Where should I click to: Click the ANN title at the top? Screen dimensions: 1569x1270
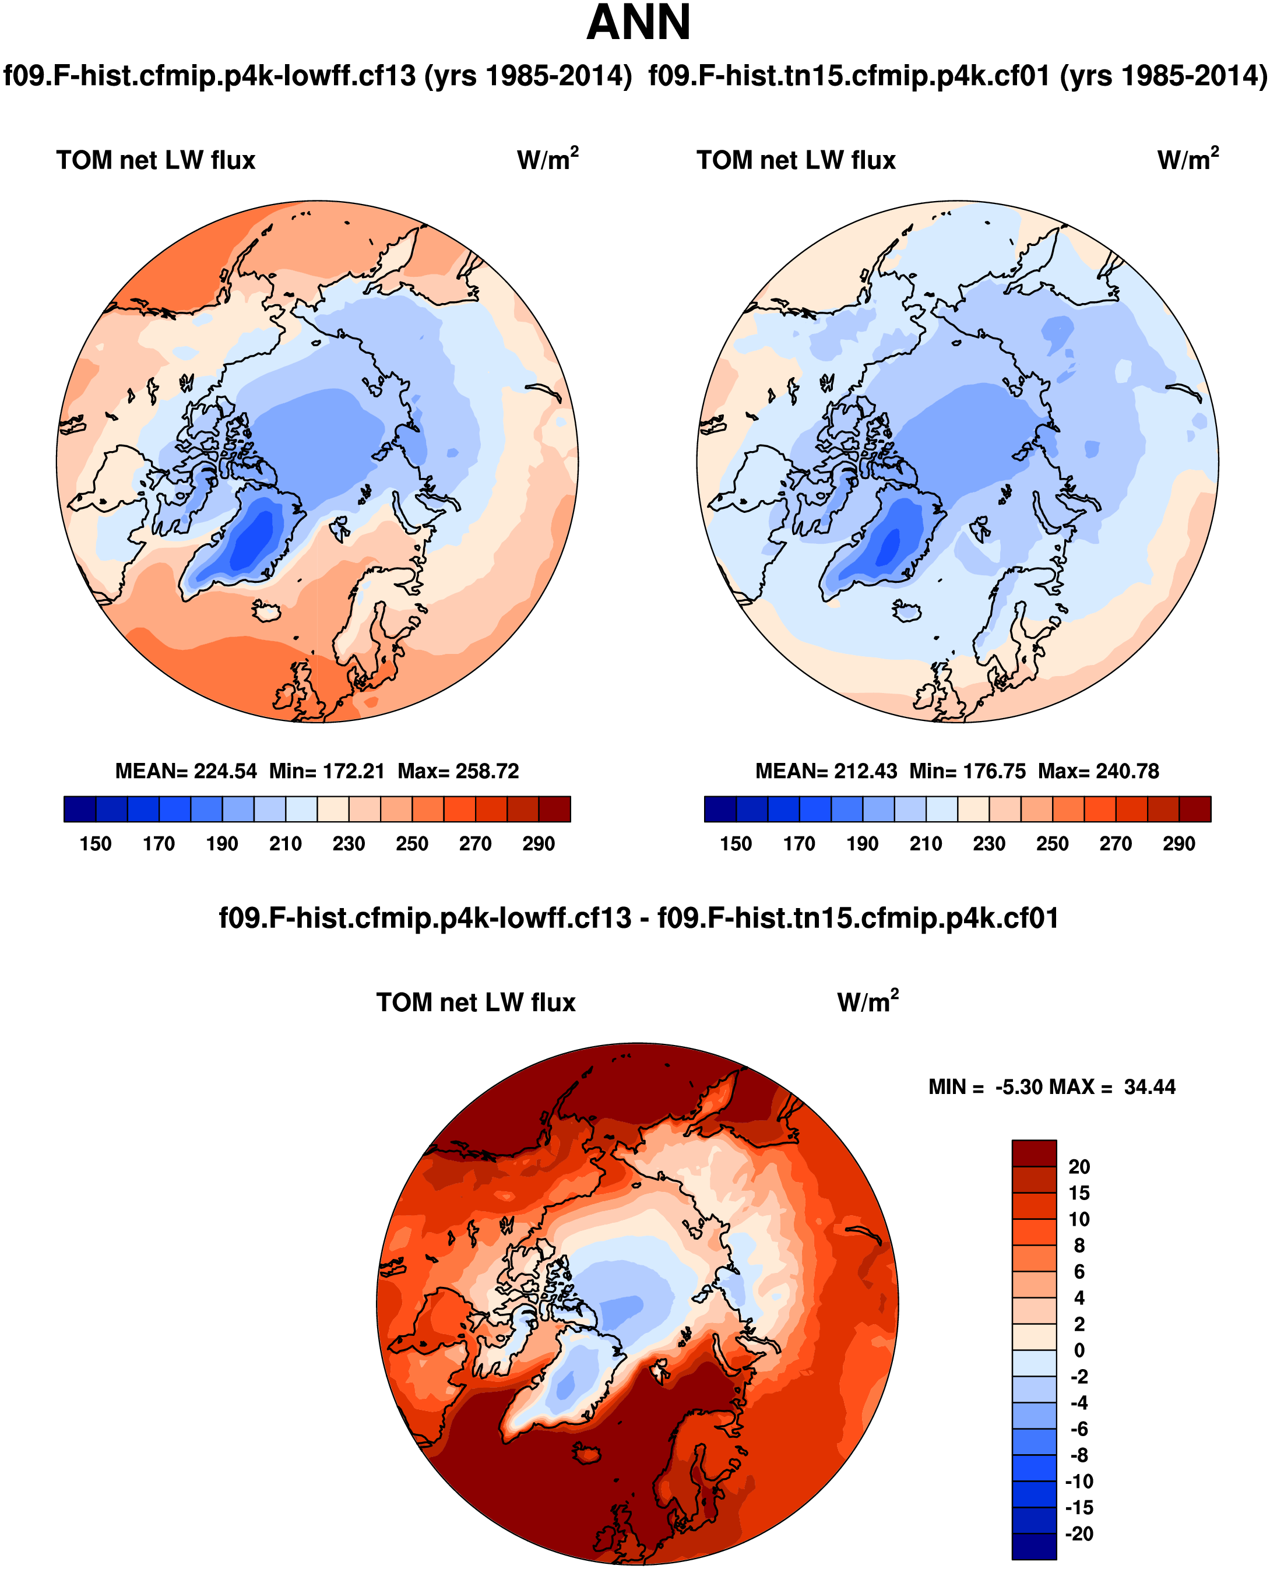638,23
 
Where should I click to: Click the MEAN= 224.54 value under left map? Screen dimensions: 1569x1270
186,771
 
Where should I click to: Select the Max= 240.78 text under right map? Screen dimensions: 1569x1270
1098,771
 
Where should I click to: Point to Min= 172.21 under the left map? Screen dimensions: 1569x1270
326,771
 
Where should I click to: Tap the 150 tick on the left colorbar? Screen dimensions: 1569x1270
95,844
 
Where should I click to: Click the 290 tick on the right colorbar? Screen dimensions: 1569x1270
1178,844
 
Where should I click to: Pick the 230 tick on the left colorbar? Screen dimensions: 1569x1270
348,844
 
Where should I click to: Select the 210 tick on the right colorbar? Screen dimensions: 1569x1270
926,844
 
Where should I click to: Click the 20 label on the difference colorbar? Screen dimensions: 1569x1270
1079,1167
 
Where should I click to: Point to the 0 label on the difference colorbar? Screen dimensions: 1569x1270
1079,1350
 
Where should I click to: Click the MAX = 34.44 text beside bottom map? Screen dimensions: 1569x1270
1112,1087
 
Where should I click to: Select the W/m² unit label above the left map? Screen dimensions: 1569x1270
547,160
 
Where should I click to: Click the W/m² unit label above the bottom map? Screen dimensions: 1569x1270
868,1001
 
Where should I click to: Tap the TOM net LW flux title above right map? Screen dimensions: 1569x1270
796,160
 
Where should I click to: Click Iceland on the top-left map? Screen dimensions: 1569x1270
266,610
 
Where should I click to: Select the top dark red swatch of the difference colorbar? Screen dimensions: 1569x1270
1034,1153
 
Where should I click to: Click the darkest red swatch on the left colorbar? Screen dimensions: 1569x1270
554,809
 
